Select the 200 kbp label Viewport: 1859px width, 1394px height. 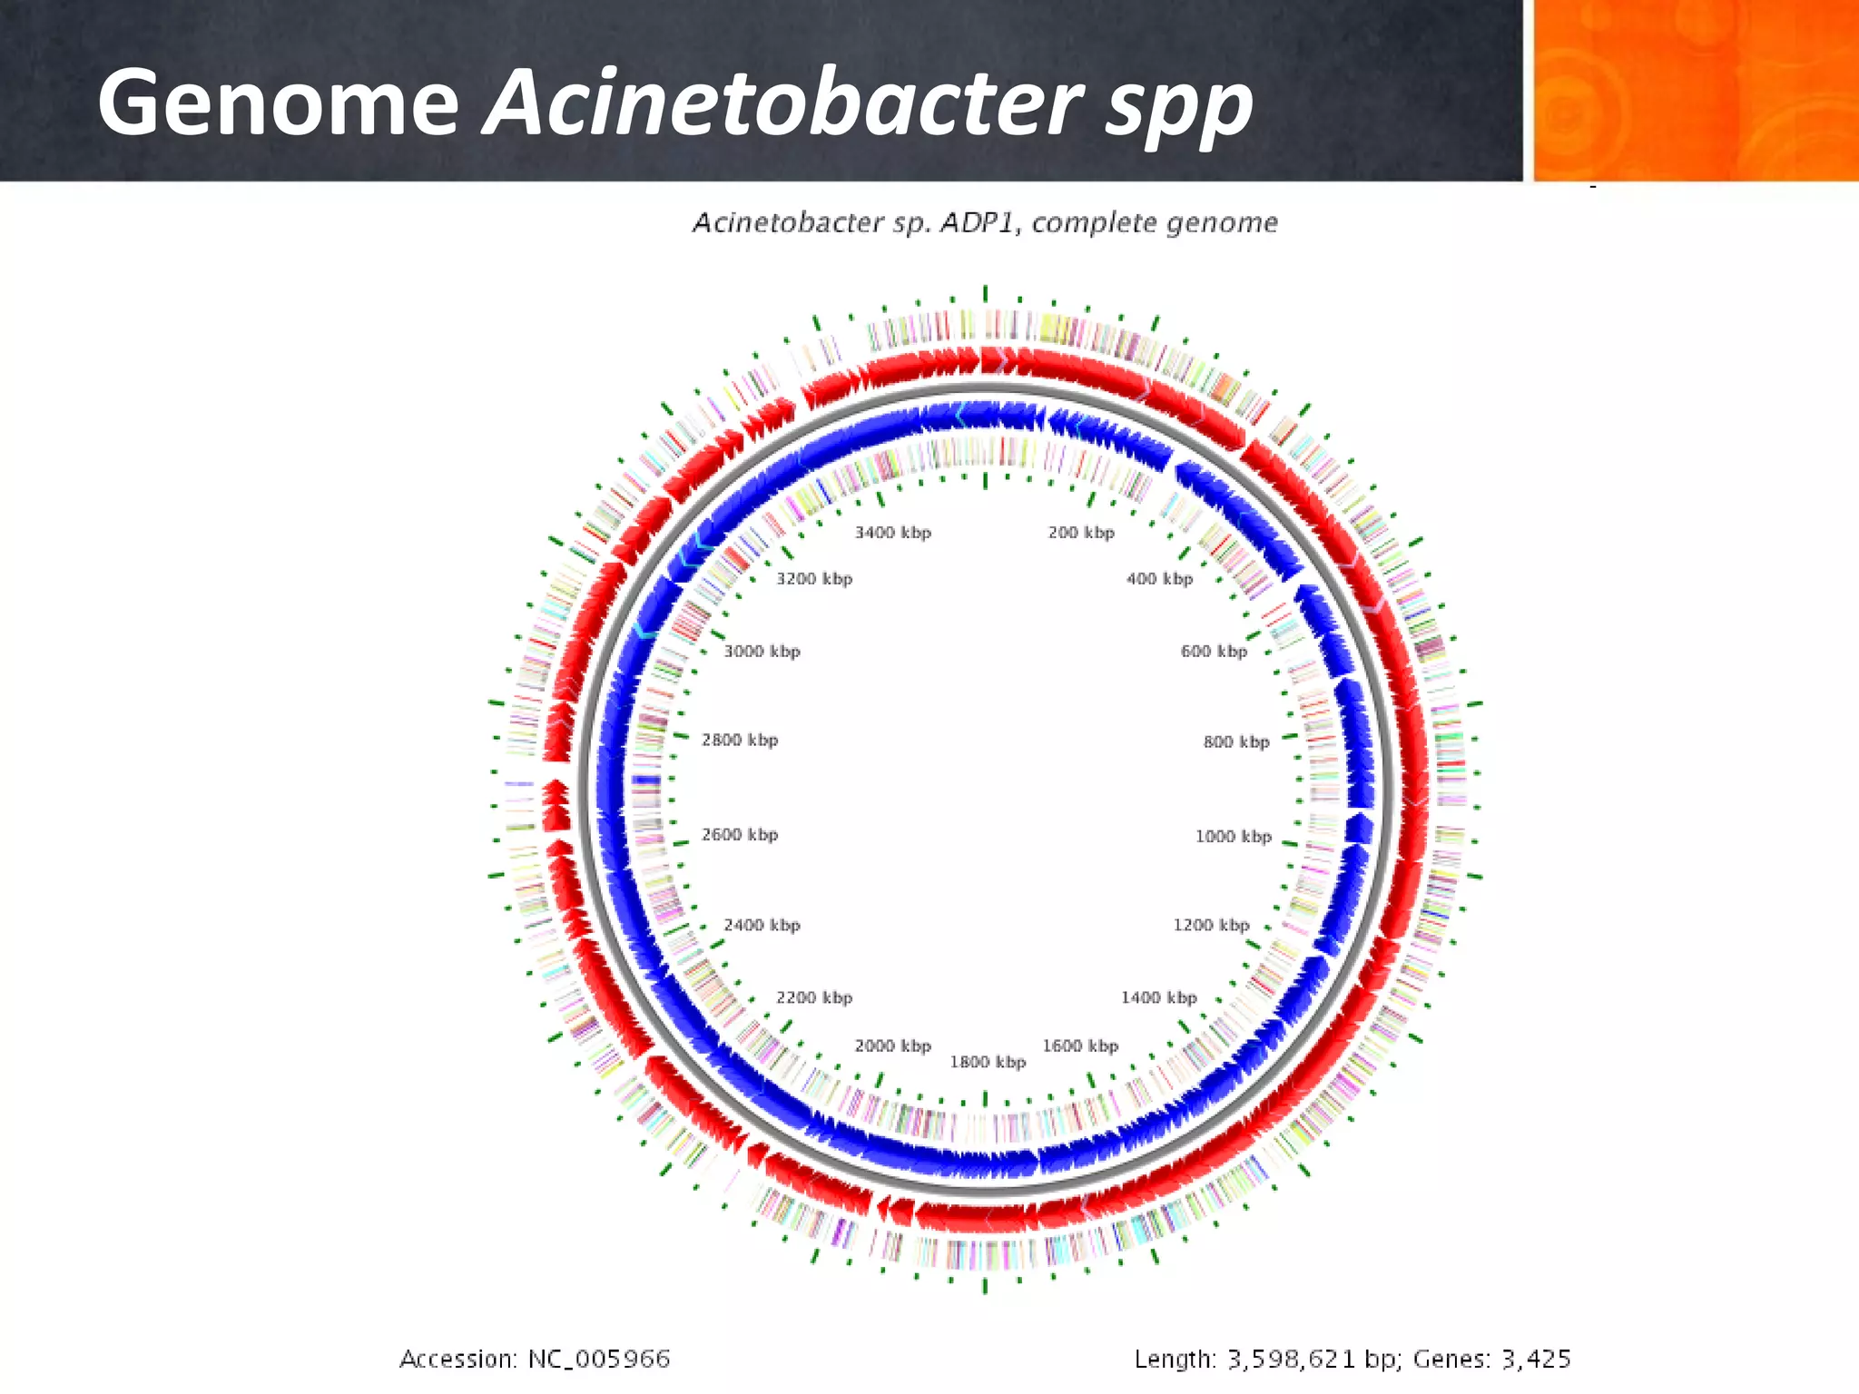pyautogui.click(x=1080, y=533)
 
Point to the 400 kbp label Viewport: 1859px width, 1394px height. pyautogui.click(x=1159, y=579)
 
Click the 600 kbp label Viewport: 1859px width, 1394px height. pyautogui.click(x=1214, y=652)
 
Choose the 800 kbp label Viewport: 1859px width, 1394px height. pyautogui.click(x=1236, y=742)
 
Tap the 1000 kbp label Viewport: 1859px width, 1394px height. pyautogui.click(x=1233, y=837)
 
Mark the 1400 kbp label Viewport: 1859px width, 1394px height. pyautogui.click(x=1158, y=998)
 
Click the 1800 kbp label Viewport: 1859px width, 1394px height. pyautogui.click(x=988, y=1062)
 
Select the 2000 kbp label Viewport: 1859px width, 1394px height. pyautogui.click(x=892, y=1046)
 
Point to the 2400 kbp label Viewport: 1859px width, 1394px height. pyautogui.click(x=762, y=926)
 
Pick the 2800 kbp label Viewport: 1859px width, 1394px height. pyautogui.click(x=740, y=741)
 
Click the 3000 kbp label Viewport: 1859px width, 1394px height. pyautogui.click(x=762, y=652)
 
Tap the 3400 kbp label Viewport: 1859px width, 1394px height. pyautogui.click(x=892, y=533)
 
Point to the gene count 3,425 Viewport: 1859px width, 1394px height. pyautogui.click(x=1535, y=1360)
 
